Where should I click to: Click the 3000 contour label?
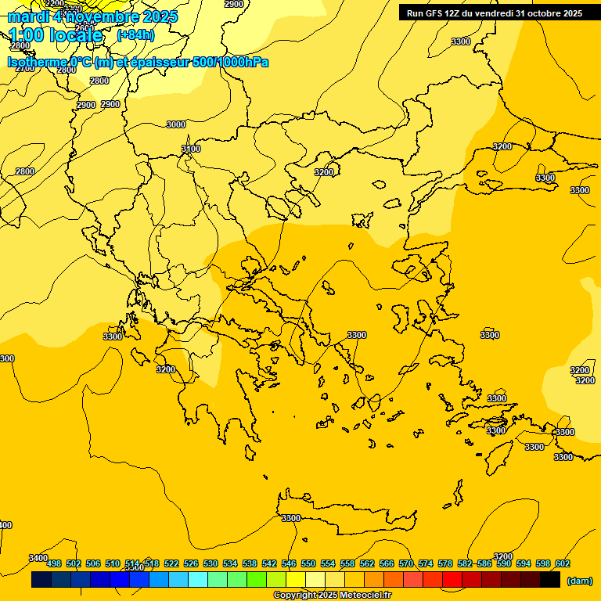tap(176, 124)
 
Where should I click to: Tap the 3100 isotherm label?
tap(191, 149)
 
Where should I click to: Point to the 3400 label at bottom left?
tap(38, 558)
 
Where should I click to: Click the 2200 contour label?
tap(55, 3)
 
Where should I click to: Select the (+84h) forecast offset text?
tap(135, 35)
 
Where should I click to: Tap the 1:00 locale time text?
tap(56, 35)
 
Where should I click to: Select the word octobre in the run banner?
tap(542, 13)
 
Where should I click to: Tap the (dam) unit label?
tap(578, 580)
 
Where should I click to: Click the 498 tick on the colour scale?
tap(54, 563)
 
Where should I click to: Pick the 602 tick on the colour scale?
tap(563, 563)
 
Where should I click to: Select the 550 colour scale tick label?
tap(308, 563)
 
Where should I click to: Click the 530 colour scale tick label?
tap(211, 563)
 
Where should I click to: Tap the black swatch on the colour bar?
tap(550, 580)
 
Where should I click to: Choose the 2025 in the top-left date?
tap(159, 16)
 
